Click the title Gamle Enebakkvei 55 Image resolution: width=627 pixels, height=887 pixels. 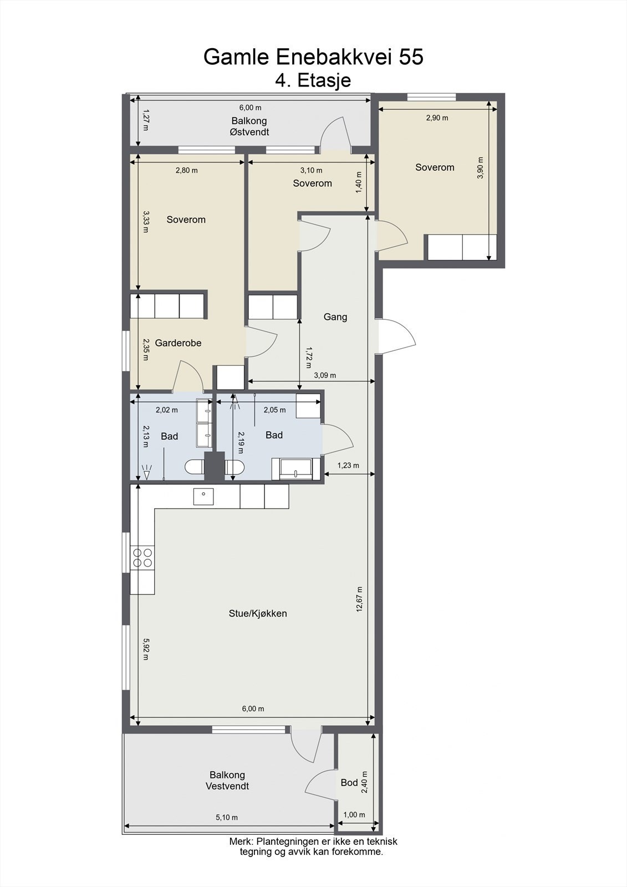pyautogui.click(x=313, y=57)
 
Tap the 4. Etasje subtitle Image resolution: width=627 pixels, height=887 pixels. pyautogui.click(x=313, y=80)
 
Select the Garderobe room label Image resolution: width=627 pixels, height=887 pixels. pyautogui.click(x=178, y=343)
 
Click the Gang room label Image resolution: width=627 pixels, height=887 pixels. pyautogui.click(x=335, y=317)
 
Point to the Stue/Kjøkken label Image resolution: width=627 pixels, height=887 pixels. pyautogui.click(x=258, y=613)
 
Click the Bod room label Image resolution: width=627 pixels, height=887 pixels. pyautogui.click(x=349, y=782)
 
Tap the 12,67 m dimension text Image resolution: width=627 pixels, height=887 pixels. pyautogui.click(x=359, y=599)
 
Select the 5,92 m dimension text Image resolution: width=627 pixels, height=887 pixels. pyautogui.click(x=145, y=649)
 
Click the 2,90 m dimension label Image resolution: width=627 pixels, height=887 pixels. pyautogui.click(x=437, y=118)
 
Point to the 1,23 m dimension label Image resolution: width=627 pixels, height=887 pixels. pyautogui.click(x=348, y=465)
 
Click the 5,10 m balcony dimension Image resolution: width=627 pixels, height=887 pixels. pyautogui.click(x=227, y=817)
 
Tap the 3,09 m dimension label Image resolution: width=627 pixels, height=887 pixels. pyautogui.click(x=325, y=375)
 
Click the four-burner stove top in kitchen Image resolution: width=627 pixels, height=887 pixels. pyautogui.click(x=143, y=557)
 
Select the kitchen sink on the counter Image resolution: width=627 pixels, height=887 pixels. pyautogui.click(x=203, y=496)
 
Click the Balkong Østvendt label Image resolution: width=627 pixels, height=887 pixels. pyautogui.click(x=249, y=126)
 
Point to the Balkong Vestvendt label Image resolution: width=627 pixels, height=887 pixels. pyautogui.click(x=227, y=781)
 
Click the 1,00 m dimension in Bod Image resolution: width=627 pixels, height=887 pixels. pyautogui.click(x=354, y=814)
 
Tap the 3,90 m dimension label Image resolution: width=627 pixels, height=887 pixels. pyautogui.click(x=481, y=168)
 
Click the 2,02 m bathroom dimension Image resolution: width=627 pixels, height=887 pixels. pyautogui.click(x=167, y=410)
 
